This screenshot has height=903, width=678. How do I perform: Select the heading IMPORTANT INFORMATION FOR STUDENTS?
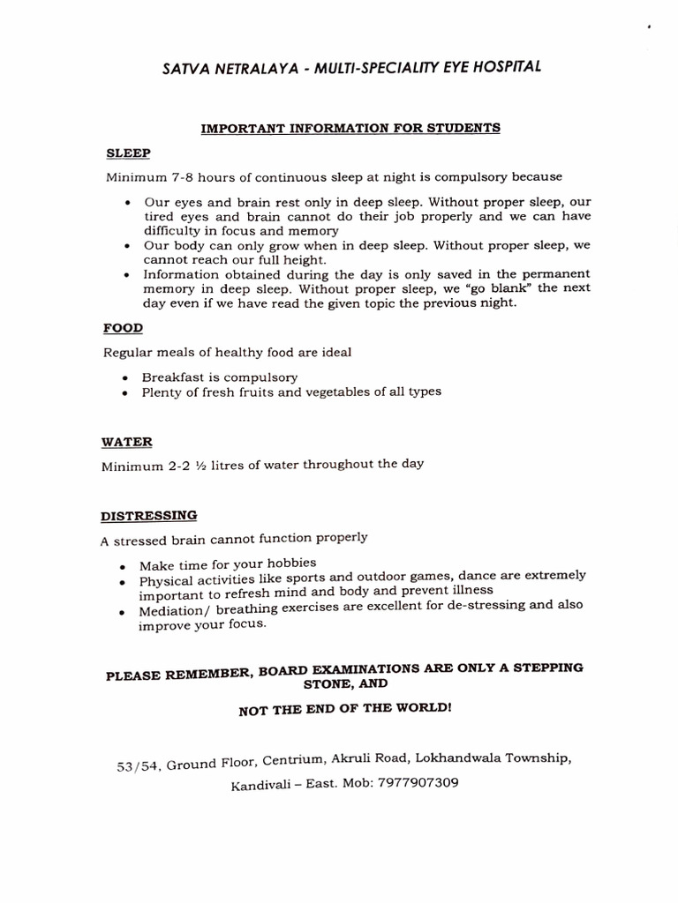tap(350, 128)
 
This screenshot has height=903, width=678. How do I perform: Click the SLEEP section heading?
tap(128, 153)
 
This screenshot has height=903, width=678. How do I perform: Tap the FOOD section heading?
tap(124, 328)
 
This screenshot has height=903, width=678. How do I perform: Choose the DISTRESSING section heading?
tap(149, 515)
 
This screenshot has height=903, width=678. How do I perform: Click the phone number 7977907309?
tap(418, 783)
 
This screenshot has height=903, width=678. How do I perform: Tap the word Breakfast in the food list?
tap(171, 377)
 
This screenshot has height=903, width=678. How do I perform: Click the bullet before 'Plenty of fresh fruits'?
tap(127, 392)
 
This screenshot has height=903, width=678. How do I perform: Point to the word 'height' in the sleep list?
tap(304, 260)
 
